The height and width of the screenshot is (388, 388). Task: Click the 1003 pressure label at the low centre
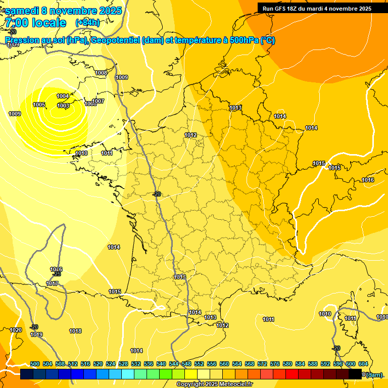pyautogui.click(x=63, y=106)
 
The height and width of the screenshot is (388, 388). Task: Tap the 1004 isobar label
pyautogui.click(x=63, y=96)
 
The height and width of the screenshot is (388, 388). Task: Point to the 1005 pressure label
pyautogui.click(x=39, y=105)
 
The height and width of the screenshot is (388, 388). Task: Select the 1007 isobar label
pyautogui.click(x=98, y=101)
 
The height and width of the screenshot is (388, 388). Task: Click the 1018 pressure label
pyautogui.click(x=75, y=331)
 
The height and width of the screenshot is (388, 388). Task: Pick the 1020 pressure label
pyautogui.click(x=16, y=330)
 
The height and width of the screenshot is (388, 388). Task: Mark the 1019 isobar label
pyautogui.click(x=36, y=334)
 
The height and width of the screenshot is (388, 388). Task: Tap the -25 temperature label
pyautogui.click(x=57, y=274)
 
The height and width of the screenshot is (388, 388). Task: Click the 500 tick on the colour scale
pyautogui.click(x=35, y=364)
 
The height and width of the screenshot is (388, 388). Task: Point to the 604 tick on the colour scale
pyautogui.click(x=363, y=364)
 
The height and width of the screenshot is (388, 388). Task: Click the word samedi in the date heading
pyautogui.click(x=23, y=11)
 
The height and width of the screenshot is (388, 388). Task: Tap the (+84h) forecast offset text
pyautogui.click(x=87, y=22)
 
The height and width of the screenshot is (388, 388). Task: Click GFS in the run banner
pyautogui.click(x=282, y=8)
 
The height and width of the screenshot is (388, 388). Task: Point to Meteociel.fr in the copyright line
pyautogui.click(x=235, y=384)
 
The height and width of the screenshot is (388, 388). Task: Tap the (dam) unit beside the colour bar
pyautogui.click(x=374, y=374)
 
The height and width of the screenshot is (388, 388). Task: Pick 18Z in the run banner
pyautogui.click(x=296, y=8)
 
